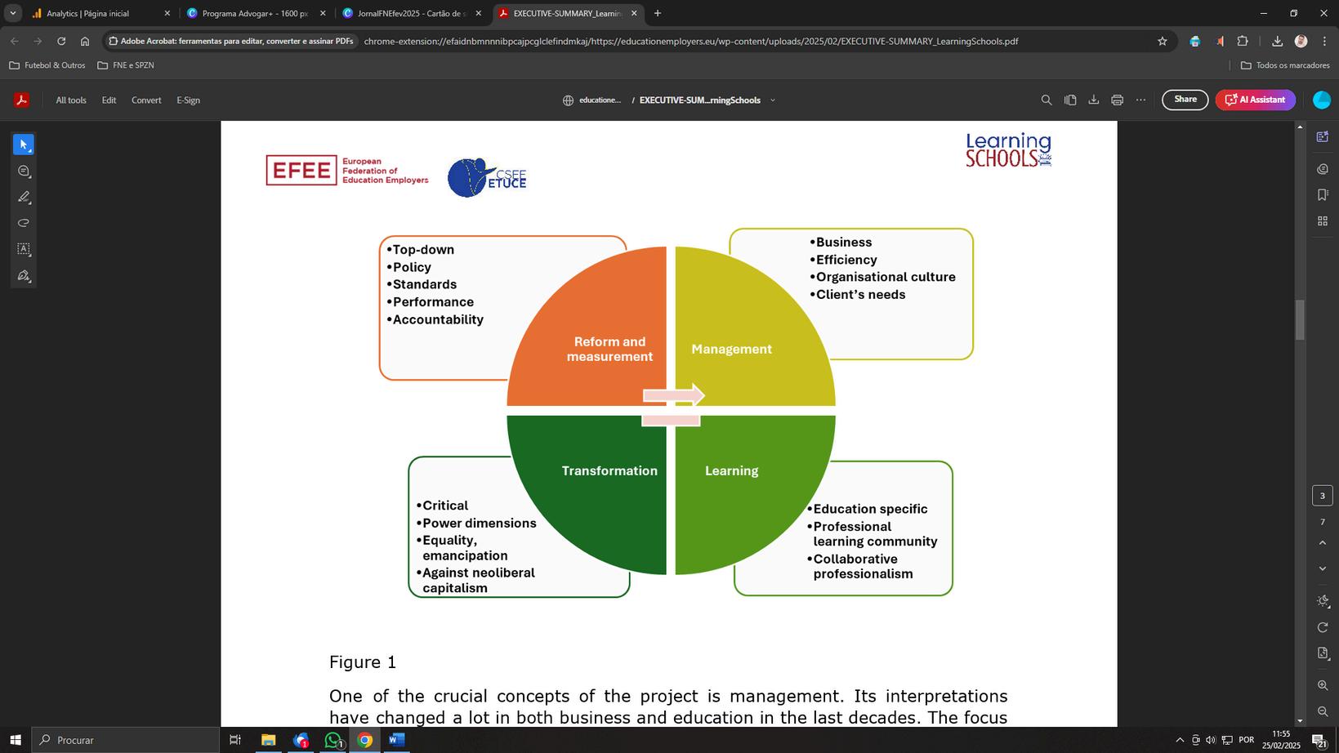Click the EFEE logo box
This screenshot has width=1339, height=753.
point(301,171)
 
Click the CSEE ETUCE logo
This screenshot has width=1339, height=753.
point(487,177)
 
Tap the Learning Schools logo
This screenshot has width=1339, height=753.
point(1008,150)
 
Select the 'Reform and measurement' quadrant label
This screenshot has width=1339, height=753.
point(609,349)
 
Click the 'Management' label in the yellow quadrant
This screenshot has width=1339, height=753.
point(731,349)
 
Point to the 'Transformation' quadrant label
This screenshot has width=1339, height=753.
point(609,470)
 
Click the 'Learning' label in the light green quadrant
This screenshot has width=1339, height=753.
point(731,470)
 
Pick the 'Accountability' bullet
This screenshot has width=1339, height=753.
point(438,319)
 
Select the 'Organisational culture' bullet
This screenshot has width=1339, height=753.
point(886,277)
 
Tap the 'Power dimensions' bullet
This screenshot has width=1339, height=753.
point(479,523)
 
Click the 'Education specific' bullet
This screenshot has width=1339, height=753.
point(870,509)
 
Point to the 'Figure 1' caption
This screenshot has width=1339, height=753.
point(363,662)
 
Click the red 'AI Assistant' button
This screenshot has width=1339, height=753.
point(1255,100)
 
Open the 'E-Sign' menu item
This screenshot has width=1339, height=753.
point(188,100)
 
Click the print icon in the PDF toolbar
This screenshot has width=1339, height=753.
point(1117,100)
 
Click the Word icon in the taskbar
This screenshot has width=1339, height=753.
point(396,740)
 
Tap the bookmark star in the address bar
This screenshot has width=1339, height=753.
point(1162,41)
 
